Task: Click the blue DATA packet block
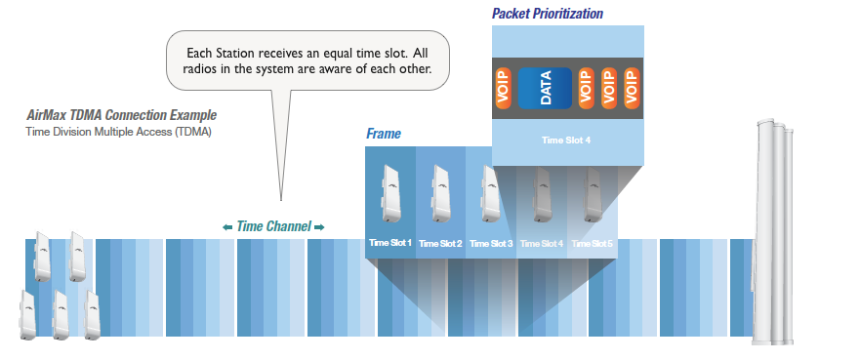545,88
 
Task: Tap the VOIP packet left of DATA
504,88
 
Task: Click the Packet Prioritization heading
548,14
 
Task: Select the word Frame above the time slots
384,134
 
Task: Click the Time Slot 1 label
389,243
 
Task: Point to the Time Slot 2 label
440,243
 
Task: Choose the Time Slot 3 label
491,243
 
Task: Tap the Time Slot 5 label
592,243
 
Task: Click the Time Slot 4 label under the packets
566,140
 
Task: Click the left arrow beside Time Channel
227,227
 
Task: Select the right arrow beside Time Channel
318,227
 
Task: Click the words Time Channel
273,226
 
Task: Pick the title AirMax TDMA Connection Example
121,115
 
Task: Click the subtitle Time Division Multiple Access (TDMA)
118,132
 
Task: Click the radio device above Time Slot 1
389,193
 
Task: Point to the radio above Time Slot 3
491,193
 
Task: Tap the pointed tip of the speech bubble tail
281,201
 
